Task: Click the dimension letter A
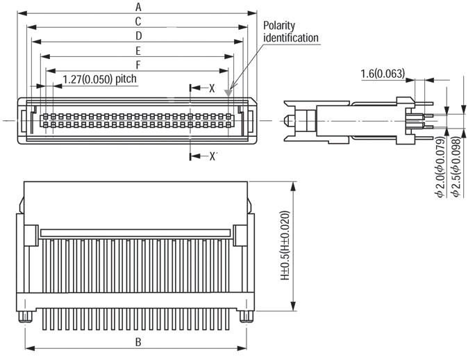click(x=138, y=6)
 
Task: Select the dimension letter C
click(x=138, y=21)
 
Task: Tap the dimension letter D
click(x=138, y=35)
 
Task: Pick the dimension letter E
click(x=138, y=50)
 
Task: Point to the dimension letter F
click(x=138, y=65)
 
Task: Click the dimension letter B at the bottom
click(x=138, y=342)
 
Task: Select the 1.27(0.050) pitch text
click(x=99, y=79)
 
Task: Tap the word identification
click(x=291, y=38)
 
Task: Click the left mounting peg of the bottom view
click(x=26, y=317)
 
